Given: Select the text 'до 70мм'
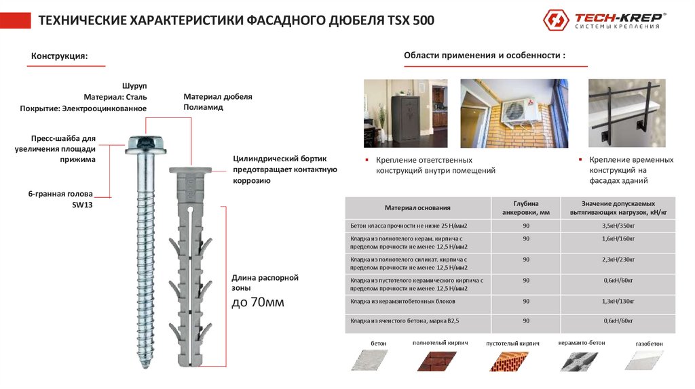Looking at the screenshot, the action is [258, 302].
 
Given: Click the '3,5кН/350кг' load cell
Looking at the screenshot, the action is [618, 224].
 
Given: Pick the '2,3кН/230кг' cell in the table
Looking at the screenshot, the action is [618, 259].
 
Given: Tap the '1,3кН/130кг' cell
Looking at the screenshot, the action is [618, 301].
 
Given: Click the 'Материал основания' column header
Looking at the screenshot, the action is [417, 207].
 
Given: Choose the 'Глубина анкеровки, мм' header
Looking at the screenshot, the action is [526, 207].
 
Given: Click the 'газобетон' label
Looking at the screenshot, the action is [649, 344].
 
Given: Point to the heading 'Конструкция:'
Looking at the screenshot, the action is [59, 56].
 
